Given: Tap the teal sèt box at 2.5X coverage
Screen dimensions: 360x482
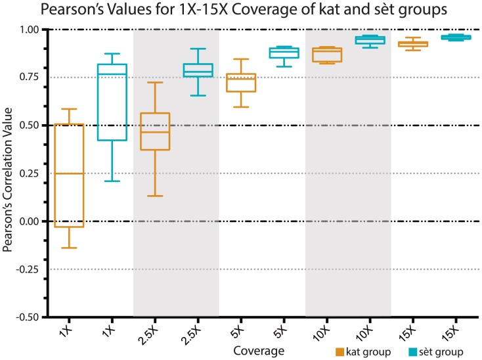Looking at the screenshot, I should (x=198, y=70).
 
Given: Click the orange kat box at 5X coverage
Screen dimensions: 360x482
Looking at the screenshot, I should (x=240, y=83).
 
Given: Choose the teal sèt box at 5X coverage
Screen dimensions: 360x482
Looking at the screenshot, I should (x=284, y=53).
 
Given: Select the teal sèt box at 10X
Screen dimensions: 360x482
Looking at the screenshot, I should (x=370, y=40).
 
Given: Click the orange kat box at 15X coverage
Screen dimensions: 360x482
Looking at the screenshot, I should (x=412, y=44).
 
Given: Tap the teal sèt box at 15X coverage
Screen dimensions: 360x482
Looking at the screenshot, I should (x=456, y=37).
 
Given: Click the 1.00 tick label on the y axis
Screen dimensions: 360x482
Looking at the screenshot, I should (x=30, y=30).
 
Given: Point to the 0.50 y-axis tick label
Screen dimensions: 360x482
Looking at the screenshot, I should (x=30, y=125).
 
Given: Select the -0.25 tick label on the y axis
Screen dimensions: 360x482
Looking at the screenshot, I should (x=28, y=269).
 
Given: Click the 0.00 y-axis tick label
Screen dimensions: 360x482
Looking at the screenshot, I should (x=30, y=221).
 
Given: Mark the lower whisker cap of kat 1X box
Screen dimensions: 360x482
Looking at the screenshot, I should (x=68, y=248).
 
